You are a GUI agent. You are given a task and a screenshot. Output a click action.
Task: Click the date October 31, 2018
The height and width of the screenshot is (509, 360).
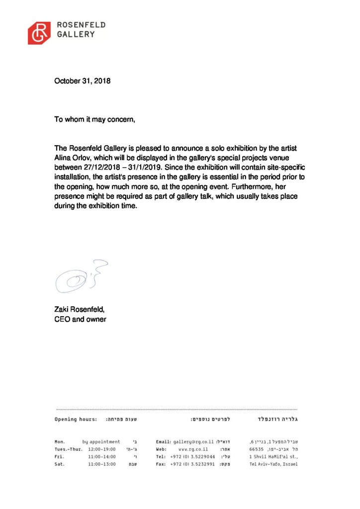[x=82, y=94]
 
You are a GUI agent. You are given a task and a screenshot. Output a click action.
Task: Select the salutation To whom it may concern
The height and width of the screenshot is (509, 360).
[x=94, y=120]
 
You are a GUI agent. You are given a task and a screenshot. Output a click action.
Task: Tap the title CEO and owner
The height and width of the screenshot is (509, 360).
[x=80, y=319]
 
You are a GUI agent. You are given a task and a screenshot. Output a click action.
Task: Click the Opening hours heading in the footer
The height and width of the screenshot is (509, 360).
[x=76, y=420]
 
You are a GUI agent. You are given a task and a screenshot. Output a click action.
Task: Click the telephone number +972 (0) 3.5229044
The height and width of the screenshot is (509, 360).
[x=192, y=456]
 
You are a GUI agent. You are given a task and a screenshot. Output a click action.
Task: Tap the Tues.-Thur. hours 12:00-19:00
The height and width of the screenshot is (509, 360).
[x=102, y=449]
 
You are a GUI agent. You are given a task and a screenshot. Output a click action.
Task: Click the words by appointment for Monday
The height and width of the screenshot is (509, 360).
[x=101, y=441]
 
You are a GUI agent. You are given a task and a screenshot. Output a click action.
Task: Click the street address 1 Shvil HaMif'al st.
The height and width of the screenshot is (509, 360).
[x=273, y=456]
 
